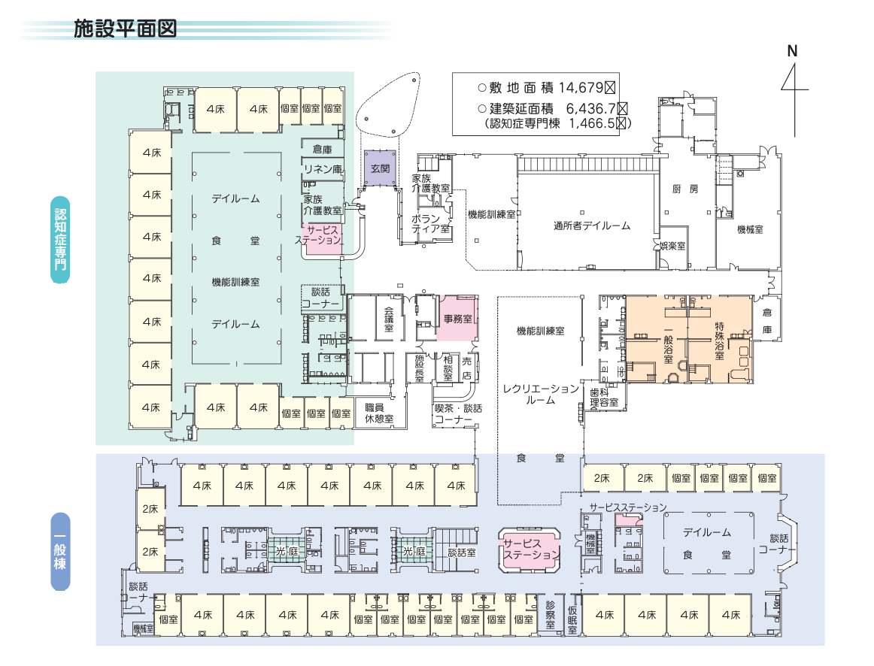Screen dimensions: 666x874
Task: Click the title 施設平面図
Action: pos(125,28)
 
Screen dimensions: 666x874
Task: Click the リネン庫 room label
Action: pos(323,168)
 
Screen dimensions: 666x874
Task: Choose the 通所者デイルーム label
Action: pos(591,226)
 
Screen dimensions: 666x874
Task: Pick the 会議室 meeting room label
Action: pos(389,319)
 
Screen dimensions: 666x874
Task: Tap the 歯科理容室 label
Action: pos(603,397)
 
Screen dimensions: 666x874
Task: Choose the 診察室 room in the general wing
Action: pos(551,614)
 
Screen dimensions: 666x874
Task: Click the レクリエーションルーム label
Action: pos(541,394)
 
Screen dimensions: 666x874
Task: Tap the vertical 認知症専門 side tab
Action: pos(60,239)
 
